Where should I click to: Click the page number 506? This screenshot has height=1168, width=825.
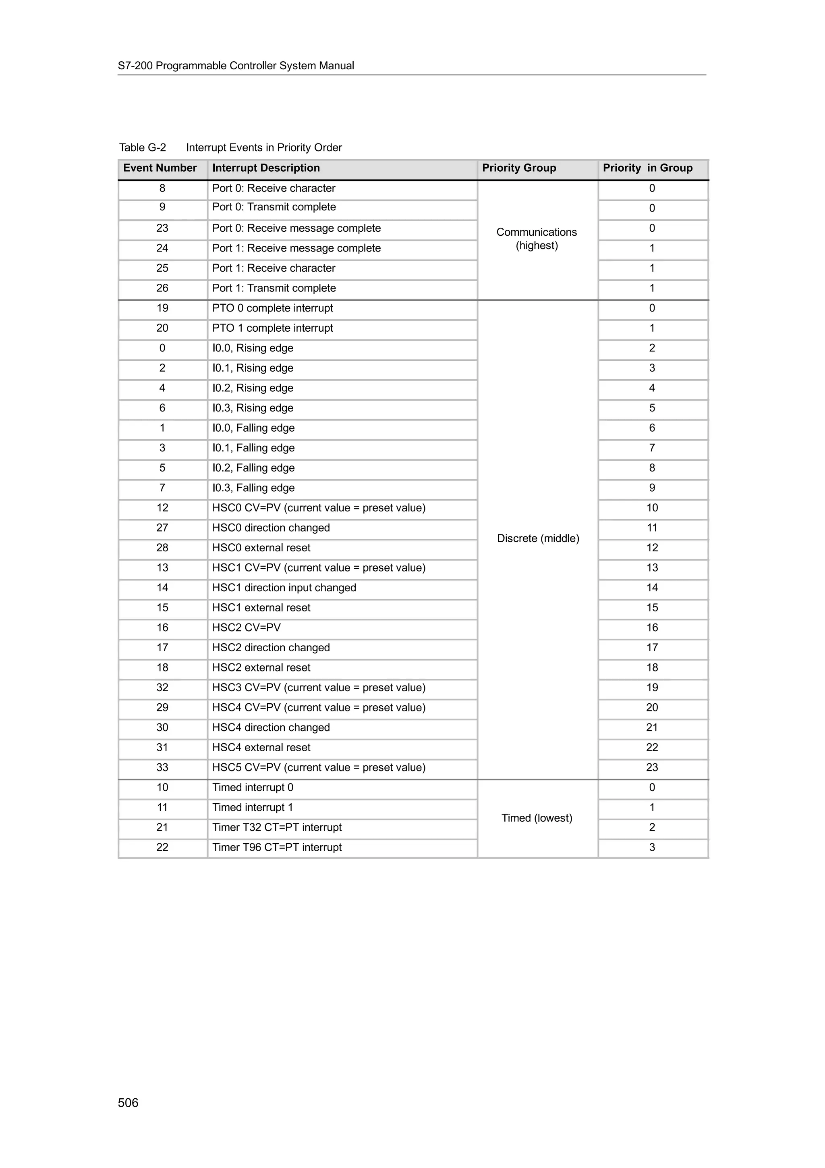128,1102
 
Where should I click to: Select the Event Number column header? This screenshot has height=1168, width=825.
160,168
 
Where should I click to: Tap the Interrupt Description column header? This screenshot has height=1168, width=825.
266,168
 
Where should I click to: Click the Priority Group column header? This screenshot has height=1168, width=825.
519,168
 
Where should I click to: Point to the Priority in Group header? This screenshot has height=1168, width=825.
648,168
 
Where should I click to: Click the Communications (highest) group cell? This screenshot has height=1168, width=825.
537,239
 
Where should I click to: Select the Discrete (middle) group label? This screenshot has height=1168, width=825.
538,538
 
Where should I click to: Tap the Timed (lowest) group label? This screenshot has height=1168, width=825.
537,818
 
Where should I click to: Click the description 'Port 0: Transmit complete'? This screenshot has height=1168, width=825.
274,208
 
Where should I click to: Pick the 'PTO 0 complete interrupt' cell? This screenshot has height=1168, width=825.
272,308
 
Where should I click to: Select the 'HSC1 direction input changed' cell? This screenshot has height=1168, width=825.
284,588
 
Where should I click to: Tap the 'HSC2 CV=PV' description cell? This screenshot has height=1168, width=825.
247,628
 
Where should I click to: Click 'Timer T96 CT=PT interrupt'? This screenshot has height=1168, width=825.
277,848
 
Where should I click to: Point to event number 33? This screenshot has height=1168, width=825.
162,768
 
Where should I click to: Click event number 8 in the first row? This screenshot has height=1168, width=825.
162,189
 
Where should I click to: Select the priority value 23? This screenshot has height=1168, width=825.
652,768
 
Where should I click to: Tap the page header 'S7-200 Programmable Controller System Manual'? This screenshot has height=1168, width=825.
236,66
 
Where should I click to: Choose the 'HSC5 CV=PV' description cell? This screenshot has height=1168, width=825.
319,768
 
